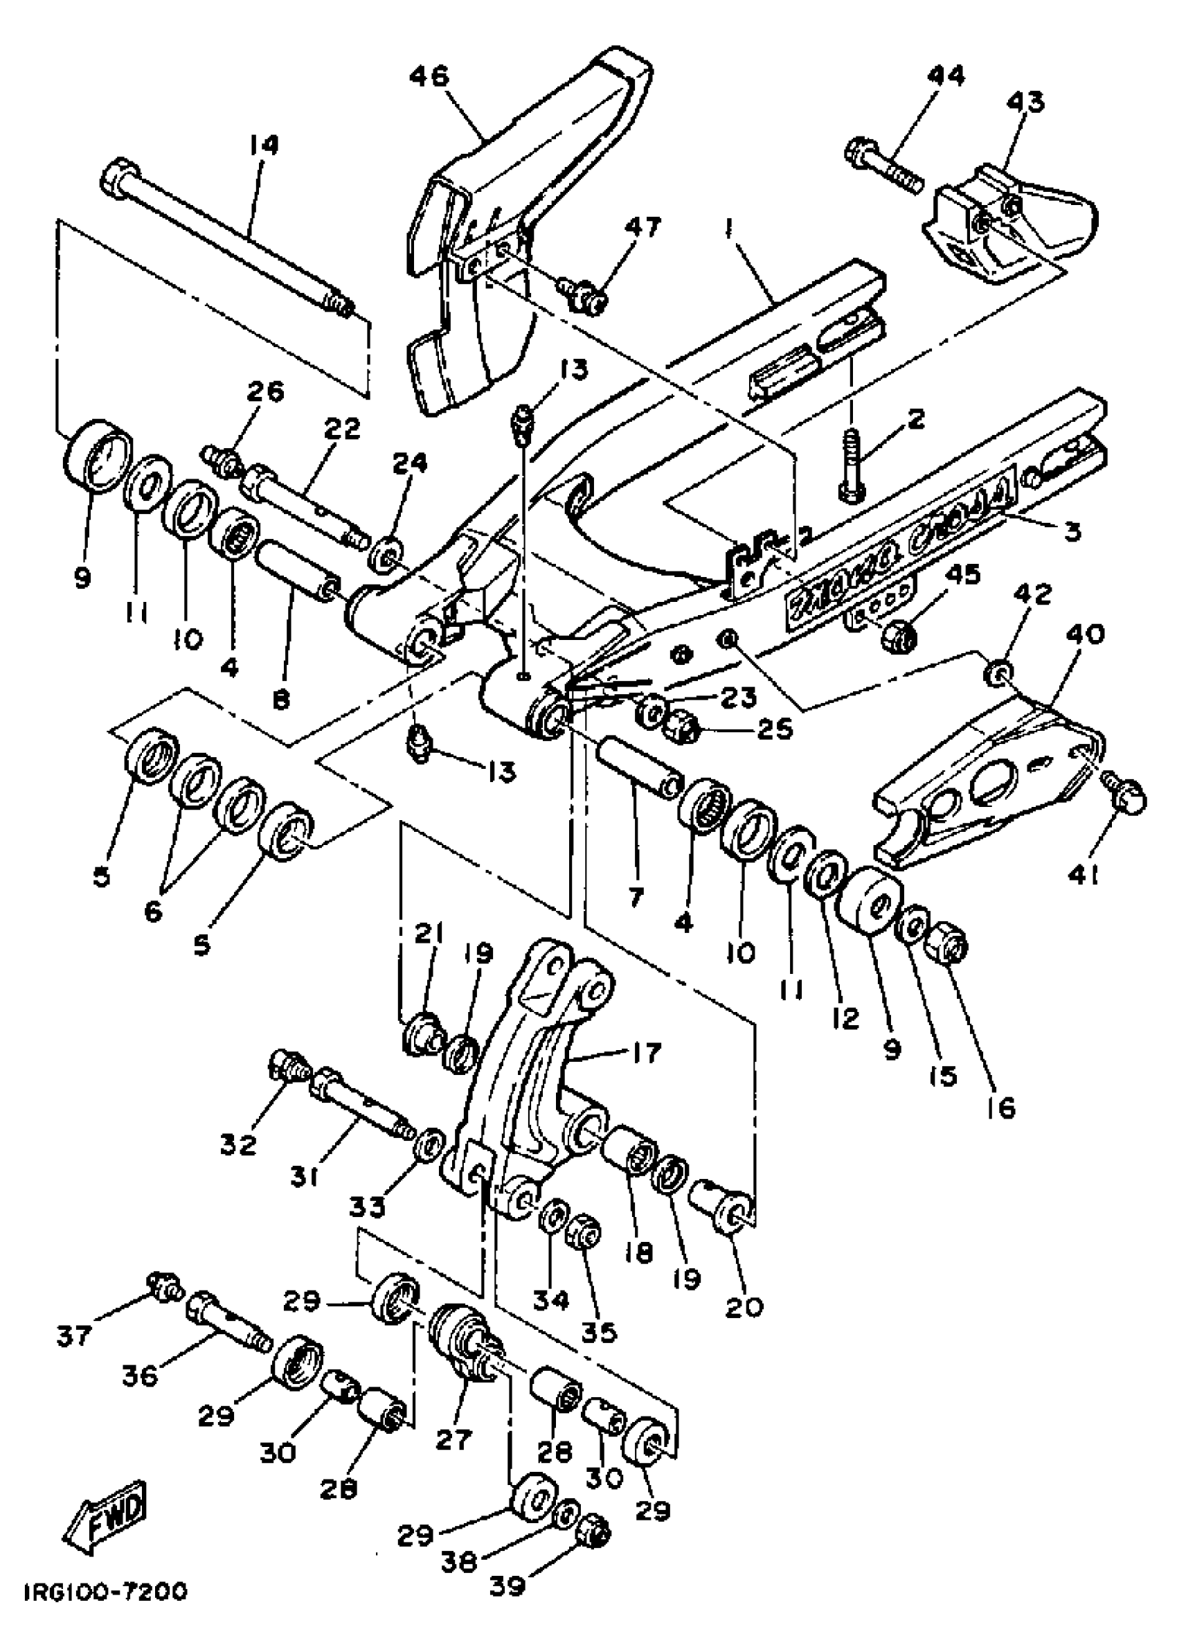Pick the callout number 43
click(x=1025, y=102)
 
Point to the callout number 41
click(x=1084, y=877)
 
